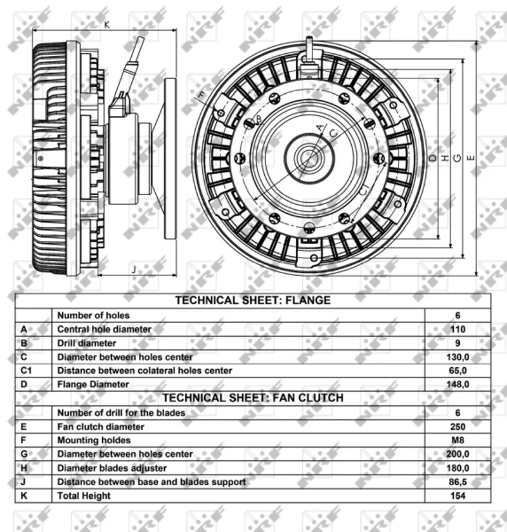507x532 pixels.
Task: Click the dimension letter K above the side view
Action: (107, 25)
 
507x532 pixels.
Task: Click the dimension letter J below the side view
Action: (134, 269)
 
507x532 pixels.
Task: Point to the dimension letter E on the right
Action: (471, 158)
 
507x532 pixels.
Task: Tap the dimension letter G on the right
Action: (457, 158)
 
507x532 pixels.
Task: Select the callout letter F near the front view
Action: (202, 95)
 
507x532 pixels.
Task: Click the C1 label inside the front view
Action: (363, 190)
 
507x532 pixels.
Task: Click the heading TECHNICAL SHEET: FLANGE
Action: (253, 301)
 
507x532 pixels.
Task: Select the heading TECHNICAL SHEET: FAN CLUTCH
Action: (253, 398)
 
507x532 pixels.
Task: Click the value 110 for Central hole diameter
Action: (458, 329)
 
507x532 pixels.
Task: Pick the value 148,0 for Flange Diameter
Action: (458, 384)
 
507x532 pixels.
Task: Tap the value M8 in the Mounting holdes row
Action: (458, 440)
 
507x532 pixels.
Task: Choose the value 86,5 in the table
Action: (458, 482)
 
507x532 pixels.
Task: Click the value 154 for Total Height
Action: (458, 496)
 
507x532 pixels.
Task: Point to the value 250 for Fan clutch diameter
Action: (458, 427)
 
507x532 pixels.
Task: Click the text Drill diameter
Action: (86, 343)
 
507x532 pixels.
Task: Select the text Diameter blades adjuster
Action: (112, 468)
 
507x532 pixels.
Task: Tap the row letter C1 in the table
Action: (26, 370)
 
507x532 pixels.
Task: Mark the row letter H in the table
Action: (23, 468)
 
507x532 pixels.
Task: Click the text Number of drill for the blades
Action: (121, 413)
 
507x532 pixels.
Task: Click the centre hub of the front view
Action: (309, 158)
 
